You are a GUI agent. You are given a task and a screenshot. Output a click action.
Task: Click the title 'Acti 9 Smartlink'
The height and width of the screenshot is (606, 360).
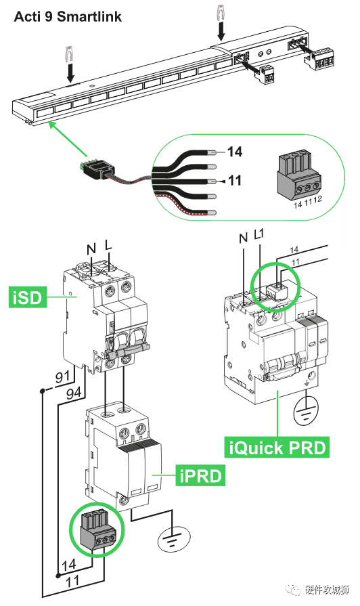(x=68, y=17)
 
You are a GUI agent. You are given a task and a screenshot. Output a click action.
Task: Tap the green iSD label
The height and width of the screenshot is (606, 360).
(x=28, y=298)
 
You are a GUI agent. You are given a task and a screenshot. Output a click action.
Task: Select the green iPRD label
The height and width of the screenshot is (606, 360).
(x=200, y=475)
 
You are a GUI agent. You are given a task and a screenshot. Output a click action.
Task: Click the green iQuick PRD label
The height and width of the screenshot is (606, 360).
(x=277, y=448)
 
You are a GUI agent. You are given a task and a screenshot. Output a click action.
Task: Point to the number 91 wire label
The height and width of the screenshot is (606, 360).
(x=62, y=376)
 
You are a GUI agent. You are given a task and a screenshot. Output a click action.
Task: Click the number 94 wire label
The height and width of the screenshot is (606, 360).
(x=74, y=393)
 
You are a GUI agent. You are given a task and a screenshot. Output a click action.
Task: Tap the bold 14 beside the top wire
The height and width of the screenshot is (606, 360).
(x=234, y=152)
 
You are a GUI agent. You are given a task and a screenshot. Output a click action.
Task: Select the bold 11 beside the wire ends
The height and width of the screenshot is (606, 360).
(x=234, y=181)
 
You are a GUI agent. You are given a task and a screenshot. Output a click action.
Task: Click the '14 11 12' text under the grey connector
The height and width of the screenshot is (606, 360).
(x=307, y=202)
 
